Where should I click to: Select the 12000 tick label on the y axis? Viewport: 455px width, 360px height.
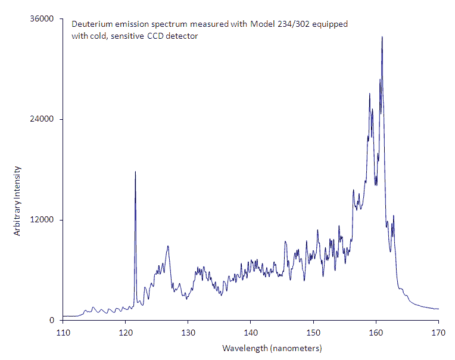point(43,219)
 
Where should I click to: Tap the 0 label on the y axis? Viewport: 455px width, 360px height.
point(52,320)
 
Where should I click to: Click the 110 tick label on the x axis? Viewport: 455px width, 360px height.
point(63,331)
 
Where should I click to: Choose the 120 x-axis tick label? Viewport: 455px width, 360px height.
point(125,331)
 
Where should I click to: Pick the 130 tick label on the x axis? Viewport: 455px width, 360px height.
point(188,331)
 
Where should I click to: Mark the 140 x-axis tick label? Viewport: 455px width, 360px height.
point(250,331)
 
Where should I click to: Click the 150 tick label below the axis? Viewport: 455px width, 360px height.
point(313,331)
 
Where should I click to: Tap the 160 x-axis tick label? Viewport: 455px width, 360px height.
point(376,331)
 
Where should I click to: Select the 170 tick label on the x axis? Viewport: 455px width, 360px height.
point(438,331)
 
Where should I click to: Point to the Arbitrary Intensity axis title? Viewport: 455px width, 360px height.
point(17,201)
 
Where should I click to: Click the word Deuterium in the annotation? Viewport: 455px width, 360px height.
point(89,25)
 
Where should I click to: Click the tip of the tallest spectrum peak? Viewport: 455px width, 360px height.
point(382,37)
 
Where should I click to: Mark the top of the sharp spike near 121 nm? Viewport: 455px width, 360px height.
point(135,172)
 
